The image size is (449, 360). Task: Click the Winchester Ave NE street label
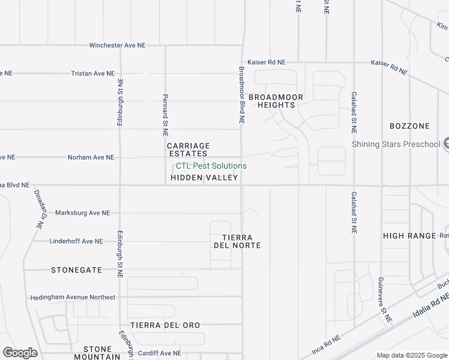[x=117, y=46]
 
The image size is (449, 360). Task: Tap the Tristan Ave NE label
[x=92, y=74]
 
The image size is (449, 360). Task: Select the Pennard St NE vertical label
[x=165, y=114]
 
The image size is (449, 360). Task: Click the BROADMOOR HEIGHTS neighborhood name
[x=276, y=101]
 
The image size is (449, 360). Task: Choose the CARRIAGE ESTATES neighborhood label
[x=188, y=149]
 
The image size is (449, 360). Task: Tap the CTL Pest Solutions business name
[x=211, y=166]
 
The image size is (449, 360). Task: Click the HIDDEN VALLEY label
[x=204, y=178]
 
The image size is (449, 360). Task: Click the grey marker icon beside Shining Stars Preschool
[x=446, y=144]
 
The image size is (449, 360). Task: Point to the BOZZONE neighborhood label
[x=409, y=126]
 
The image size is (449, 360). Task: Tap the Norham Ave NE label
[x=91, y=158]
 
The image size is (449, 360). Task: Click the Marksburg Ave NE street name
[x=82, y=213]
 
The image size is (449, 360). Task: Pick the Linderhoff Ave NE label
[x=76, y=241]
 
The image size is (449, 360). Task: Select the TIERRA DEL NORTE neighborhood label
[x=237, y=241]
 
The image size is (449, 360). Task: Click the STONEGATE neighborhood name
[x=76, y=270]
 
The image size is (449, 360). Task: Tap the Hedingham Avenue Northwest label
[x=73, y=298]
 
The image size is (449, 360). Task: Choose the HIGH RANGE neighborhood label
[x=409, y=236]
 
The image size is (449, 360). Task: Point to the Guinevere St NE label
[x=384, y=299]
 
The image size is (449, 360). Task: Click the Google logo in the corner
[x=20, y=353]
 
